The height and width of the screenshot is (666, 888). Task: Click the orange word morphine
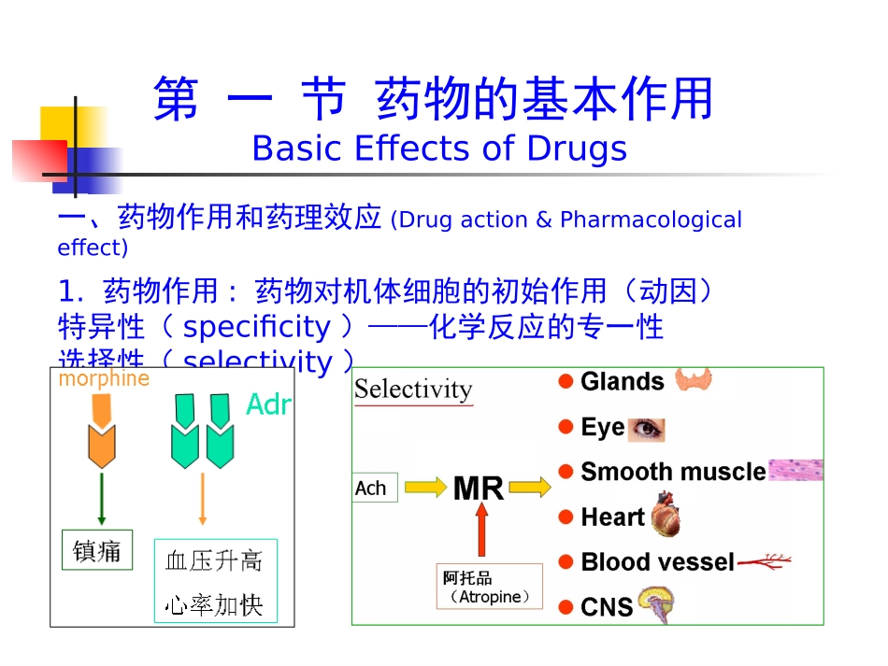104,378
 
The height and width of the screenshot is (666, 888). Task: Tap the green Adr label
268,404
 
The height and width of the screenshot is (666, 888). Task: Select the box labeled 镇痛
97,550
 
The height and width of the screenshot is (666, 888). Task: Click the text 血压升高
214,560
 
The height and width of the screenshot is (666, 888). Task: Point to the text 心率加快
214,605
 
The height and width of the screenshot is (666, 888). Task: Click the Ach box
374,488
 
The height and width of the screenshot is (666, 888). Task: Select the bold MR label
478,488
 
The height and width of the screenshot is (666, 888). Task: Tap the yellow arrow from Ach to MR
425,487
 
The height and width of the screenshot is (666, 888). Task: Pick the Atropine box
490,587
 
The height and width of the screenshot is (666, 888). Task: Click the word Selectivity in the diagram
413,390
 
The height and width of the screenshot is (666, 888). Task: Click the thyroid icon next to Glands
693,378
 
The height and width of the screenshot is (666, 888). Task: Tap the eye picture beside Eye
646,428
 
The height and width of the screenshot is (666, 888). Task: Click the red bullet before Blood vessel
566,562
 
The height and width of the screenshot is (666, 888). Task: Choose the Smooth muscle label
673,472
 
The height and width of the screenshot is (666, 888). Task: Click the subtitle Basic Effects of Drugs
439,149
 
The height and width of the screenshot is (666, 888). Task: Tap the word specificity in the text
256,327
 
